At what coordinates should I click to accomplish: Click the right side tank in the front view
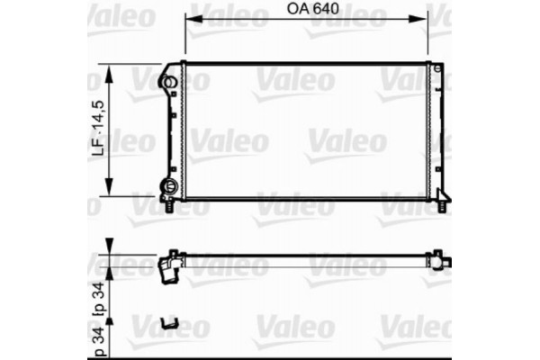coord(435,131)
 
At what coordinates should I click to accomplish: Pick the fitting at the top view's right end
coord(440,261)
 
